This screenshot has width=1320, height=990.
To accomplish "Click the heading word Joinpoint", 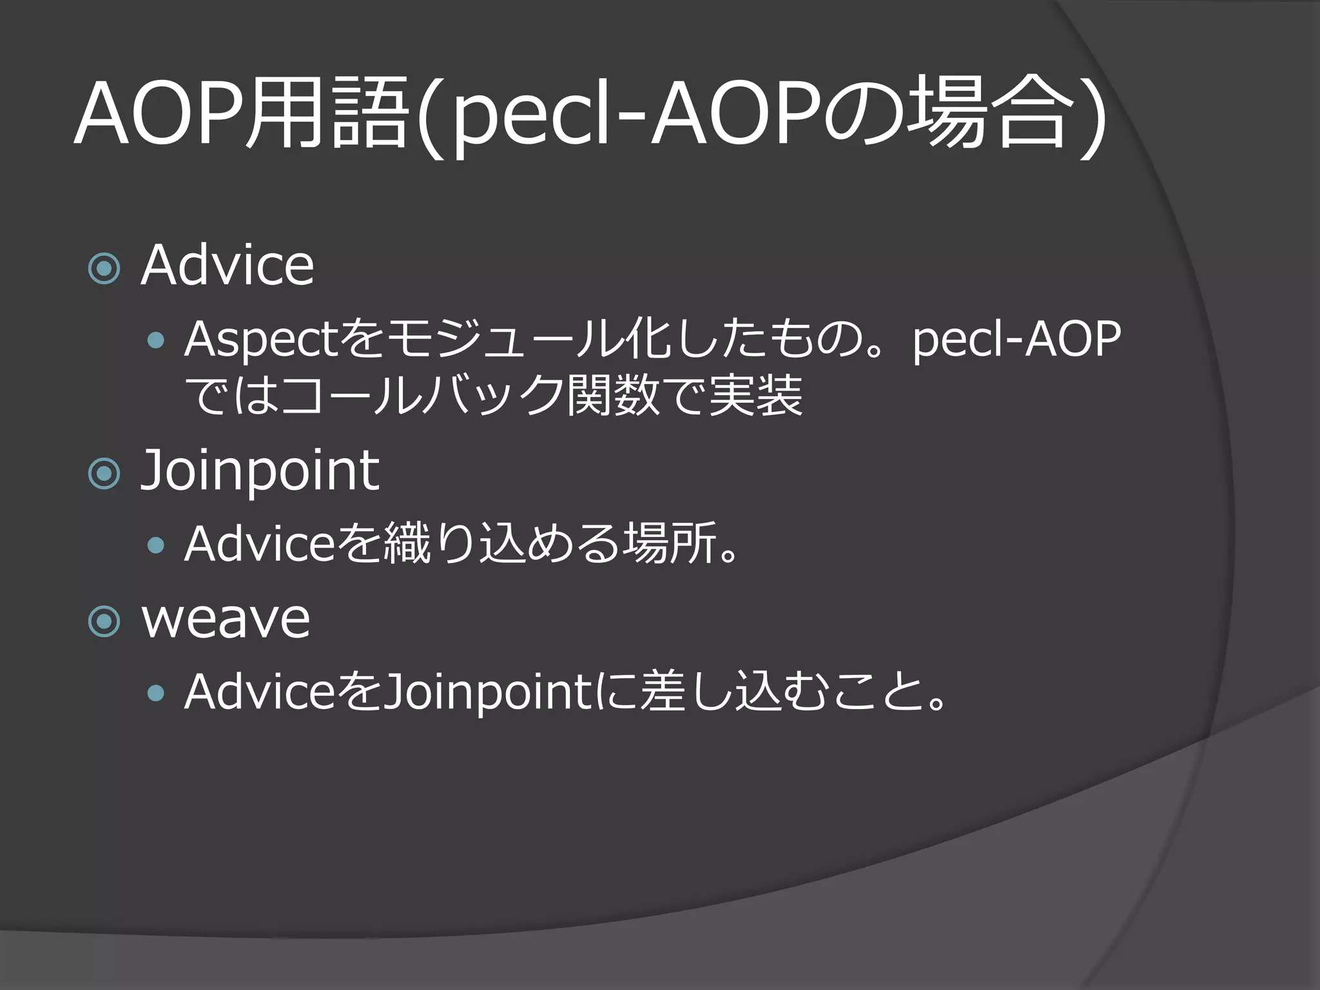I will click(x=260, y=472).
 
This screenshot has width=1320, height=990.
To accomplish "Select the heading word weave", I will click(x=226, y=619).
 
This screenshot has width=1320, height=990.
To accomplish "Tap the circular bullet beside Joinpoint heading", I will click(x=104, y=474).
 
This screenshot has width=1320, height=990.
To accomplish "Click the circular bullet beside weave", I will click(x=104, y=621).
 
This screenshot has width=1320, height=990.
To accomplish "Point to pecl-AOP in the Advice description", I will click(x=1016, y=340).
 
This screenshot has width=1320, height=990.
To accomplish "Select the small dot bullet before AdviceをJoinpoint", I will click(x=155, y=694).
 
